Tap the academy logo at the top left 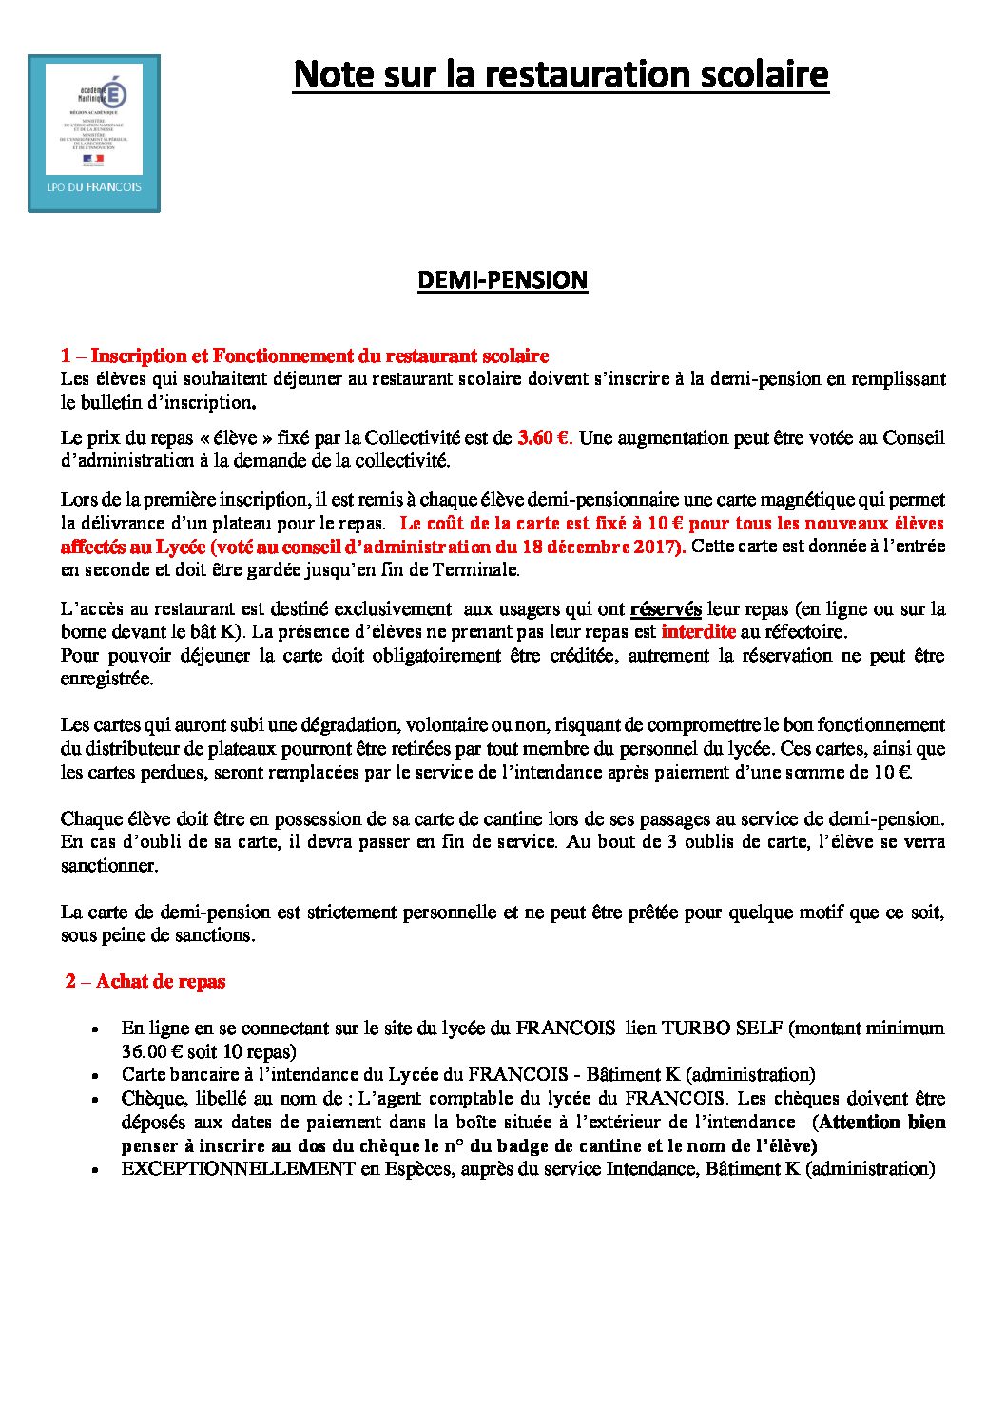coord(94,132)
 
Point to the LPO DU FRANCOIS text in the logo coord(94,187)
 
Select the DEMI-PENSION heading coord(503,280)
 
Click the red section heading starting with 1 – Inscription coord(305,356)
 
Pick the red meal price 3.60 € coord(543,438)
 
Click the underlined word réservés coord(666,609)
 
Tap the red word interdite coord(699,632)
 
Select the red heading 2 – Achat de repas coord(145,982)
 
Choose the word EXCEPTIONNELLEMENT coord(238,1169)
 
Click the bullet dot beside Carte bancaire coord(96,1076)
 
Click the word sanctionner coord(108,866)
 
